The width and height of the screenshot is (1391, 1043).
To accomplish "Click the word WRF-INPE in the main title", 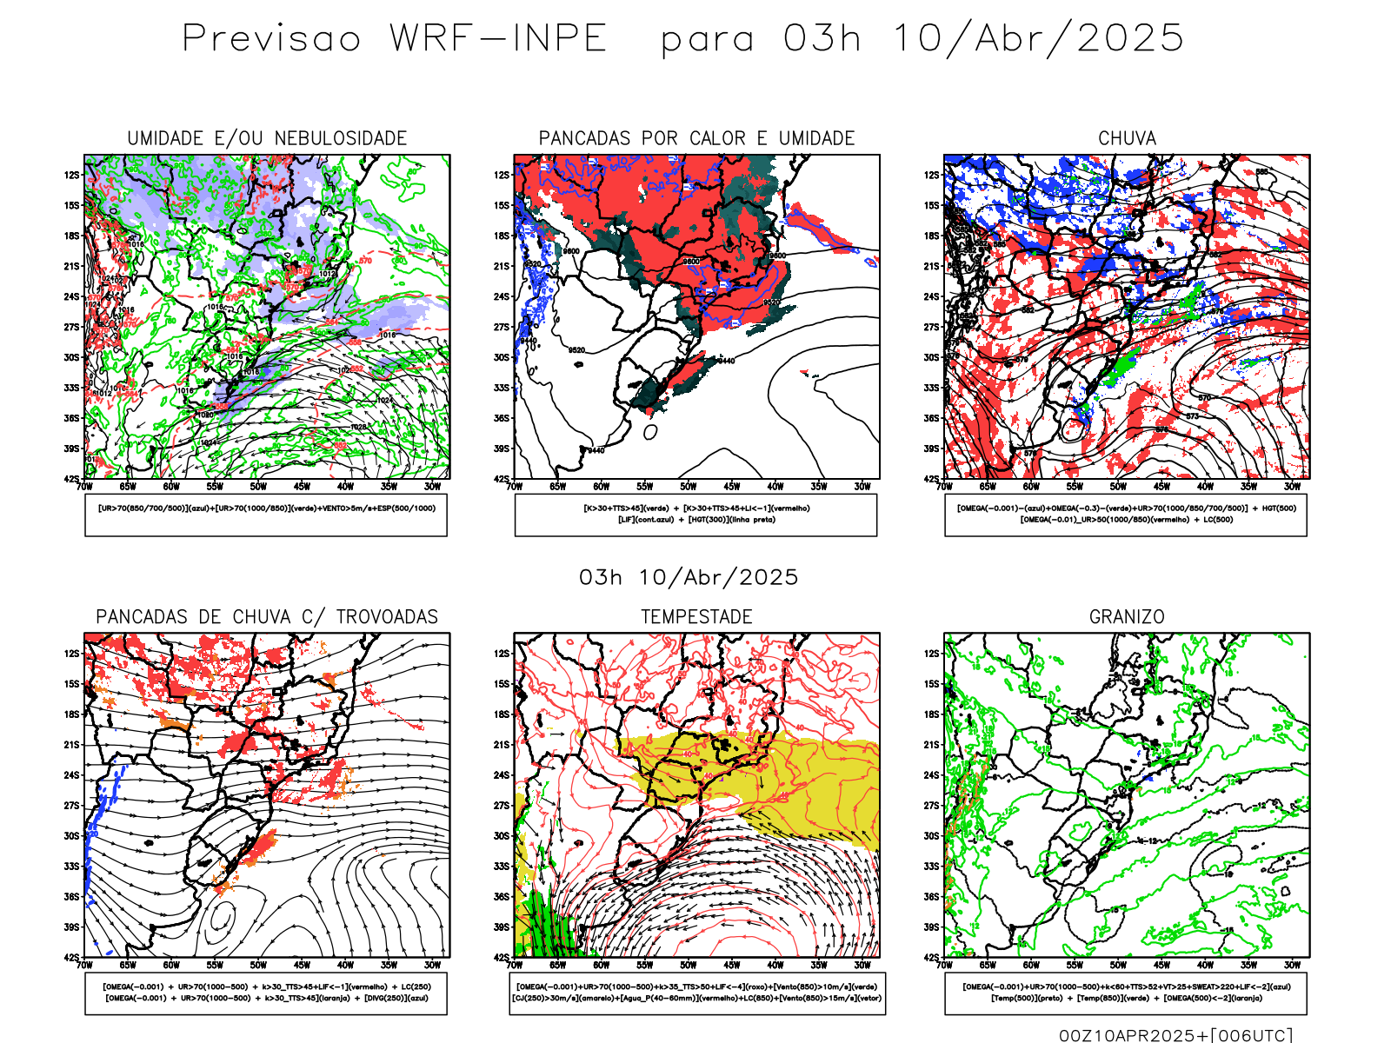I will [497, 38].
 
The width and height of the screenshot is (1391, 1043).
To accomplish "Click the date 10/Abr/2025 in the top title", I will [1038, 38].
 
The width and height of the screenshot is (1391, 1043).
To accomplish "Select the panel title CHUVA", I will [1127, 138].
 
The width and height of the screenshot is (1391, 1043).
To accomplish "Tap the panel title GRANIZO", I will [1127, 617].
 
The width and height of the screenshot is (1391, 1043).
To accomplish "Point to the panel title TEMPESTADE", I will [696, 617].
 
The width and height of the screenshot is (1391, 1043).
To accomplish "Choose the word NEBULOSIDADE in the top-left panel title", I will [341, 138].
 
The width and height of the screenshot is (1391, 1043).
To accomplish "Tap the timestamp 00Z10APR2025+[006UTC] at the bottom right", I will [1175, 1035].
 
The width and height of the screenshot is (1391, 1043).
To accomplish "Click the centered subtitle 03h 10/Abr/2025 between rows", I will [689, 577].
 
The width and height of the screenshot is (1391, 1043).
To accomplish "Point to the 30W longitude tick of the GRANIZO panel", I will [1292, 965].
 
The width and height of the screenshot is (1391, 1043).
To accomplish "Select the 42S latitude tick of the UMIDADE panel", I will [71, 479].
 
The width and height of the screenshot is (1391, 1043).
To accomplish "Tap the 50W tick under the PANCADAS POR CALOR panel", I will [689, 487].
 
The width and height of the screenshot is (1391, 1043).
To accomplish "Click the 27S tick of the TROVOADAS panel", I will [71, 806].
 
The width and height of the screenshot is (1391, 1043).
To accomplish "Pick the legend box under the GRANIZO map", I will [1126, 993].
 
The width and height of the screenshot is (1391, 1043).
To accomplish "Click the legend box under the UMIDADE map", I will [266, 515].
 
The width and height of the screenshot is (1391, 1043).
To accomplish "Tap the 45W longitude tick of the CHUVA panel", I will [1161, 487].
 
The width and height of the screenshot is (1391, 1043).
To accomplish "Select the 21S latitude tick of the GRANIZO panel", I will [932, 745].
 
